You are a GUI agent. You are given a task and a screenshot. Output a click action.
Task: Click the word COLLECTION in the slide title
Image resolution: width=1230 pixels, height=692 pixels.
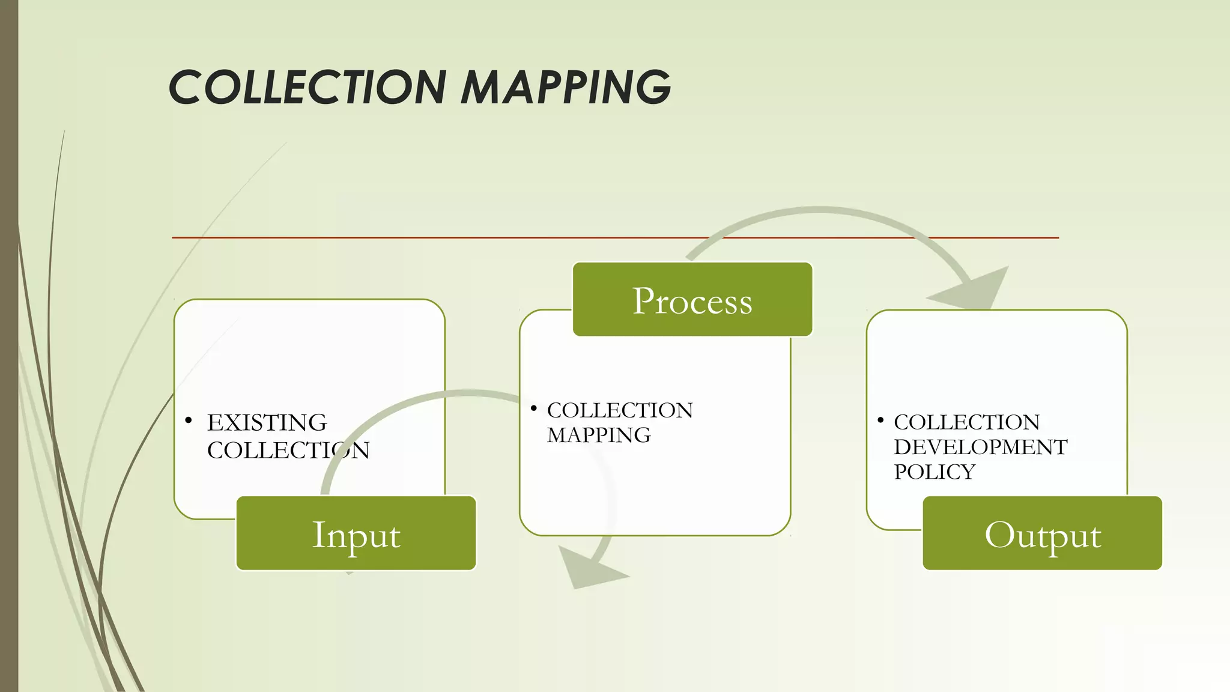pyautogui.click(x=307, y=88)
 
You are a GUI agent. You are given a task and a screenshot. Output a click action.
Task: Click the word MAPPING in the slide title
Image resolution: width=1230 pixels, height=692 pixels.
pyautogui.click(x=565, y=88)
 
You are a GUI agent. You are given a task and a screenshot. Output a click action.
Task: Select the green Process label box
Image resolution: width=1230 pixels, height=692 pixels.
pyautogui.click(x=692, y=299)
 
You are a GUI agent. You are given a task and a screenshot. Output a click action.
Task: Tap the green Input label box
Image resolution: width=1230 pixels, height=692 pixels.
pyautogui.click(x=356, y=533)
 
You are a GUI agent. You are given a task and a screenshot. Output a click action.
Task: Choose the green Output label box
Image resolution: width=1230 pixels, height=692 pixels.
pyautogui.click(x=1042, y=533)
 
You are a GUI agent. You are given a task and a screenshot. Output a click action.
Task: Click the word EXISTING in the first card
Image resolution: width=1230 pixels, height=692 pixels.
pyautogui.click(x=267, y=423)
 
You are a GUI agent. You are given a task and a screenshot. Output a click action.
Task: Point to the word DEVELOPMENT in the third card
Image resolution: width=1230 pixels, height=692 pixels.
pyautogui.click(x=980, y=448)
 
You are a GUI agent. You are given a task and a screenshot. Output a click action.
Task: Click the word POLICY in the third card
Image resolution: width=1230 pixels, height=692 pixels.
pyautogui.click(x=934, y=472)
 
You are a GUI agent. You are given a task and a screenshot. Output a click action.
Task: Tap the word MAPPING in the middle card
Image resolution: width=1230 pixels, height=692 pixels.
pyautogui.click(x=598, y=436)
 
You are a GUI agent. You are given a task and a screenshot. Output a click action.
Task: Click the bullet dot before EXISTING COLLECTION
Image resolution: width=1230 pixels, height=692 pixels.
pyautogui.click(x=189, y=420)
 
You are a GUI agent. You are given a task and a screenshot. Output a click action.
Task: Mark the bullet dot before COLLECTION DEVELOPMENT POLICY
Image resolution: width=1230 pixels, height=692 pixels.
pyautogui.click(x=880, y=420)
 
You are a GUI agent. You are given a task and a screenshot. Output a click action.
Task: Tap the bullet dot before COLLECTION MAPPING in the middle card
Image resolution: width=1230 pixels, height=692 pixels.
pyautogui.click(x=533, y=408)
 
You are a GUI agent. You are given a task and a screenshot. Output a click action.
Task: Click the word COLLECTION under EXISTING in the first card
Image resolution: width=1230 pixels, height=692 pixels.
pyautogui.click(x=288, y=451)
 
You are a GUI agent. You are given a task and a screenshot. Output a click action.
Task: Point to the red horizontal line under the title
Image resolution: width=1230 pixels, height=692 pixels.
pyautogui.click(x=420, y=238)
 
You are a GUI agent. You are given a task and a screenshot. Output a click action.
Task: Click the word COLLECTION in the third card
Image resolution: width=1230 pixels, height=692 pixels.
pyautogui.click(x=966, y=422)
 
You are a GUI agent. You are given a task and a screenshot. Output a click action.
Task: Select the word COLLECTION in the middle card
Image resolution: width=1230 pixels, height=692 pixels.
pyautogui.click(x=619, y=410)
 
